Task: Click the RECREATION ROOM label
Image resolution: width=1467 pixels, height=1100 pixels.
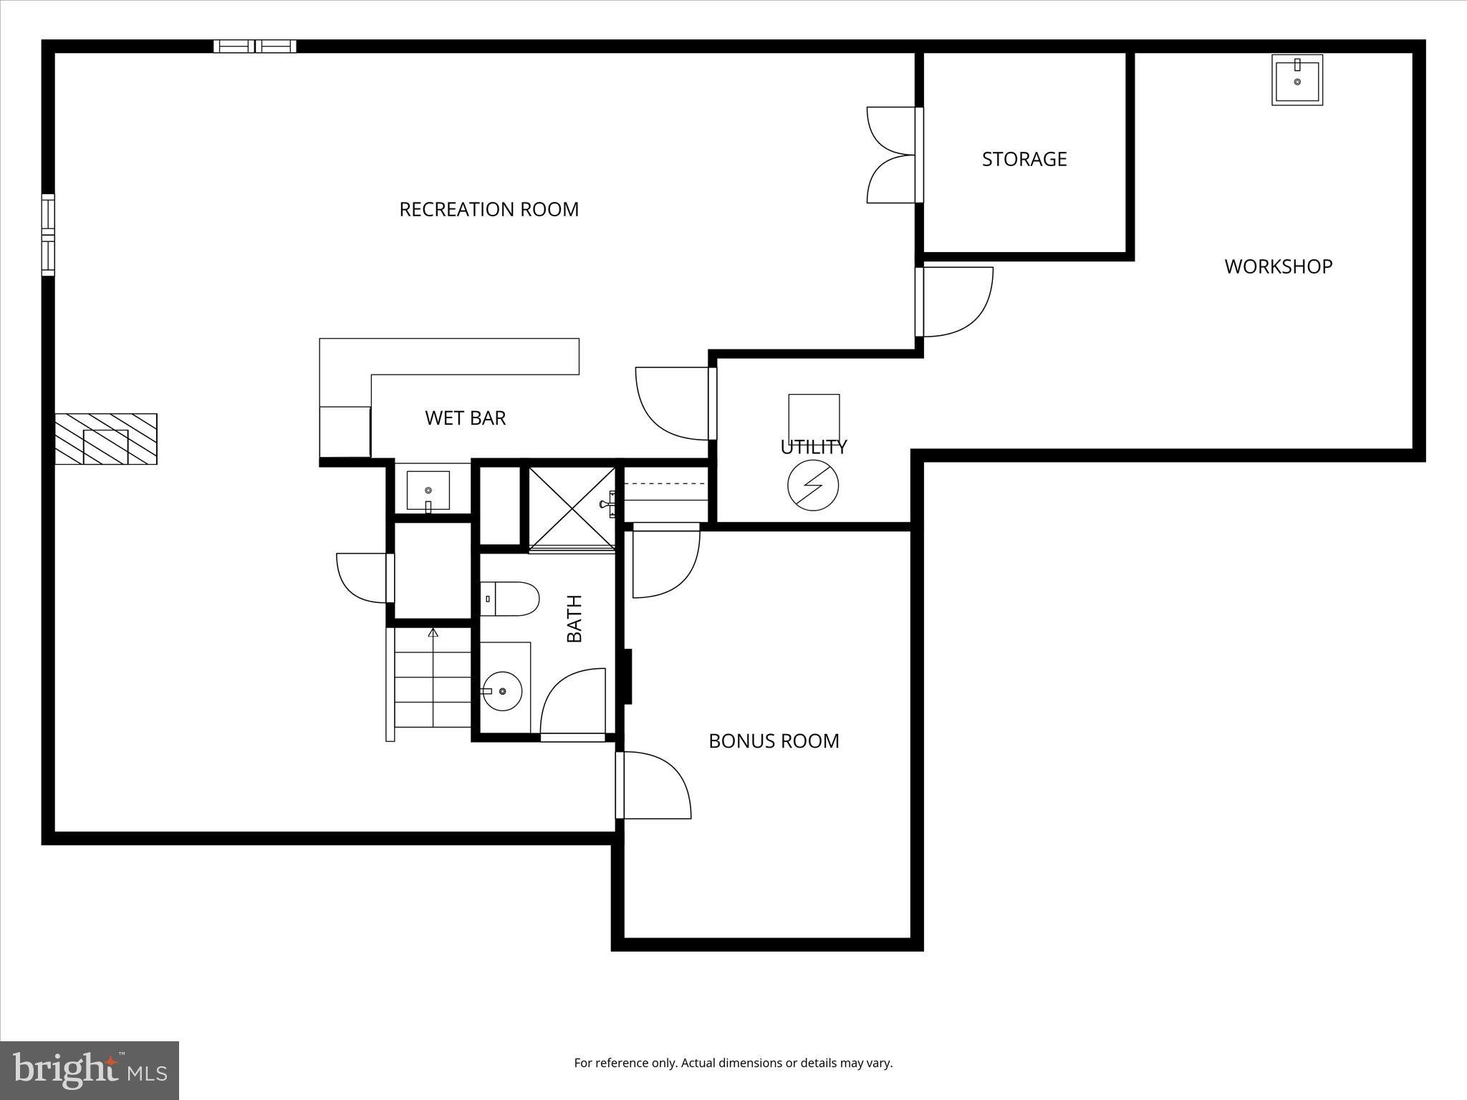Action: point(489,209)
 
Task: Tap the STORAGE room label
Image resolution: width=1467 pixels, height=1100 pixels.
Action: point(1024,159)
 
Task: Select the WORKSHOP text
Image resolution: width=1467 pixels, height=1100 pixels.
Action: point(1278,266)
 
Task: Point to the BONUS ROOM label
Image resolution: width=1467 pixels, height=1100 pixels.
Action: point(774,740)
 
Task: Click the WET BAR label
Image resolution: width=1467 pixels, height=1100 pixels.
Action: point(465,418)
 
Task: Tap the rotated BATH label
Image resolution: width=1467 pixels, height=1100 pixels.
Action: point(574,619)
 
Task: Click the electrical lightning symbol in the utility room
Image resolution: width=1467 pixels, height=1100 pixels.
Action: point(813,486)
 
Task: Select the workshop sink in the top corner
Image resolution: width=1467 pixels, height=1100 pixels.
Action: point(1297,80)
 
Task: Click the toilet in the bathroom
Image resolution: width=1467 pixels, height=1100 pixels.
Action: point(510,599)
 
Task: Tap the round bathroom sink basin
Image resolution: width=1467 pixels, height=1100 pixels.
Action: point(502,691)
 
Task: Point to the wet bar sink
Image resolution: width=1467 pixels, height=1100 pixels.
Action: point(428,491)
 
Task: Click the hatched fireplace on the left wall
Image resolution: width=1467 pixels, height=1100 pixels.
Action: point(106,439)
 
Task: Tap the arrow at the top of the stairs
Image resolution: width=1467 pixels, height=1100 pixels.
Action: point(433,632)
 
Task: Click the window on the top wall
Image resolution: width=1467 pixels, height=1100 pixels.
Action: point(255,46)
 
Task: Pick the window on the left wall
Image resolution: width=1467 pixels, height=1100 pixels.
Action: point(48,234)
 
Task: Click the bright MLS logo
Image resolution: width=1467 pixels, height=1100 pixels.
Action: point(90,1070)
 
